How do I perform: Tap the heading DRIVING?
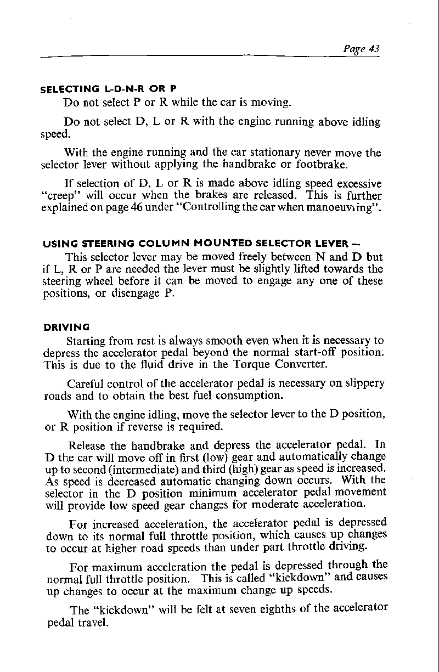pos(66,327)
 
